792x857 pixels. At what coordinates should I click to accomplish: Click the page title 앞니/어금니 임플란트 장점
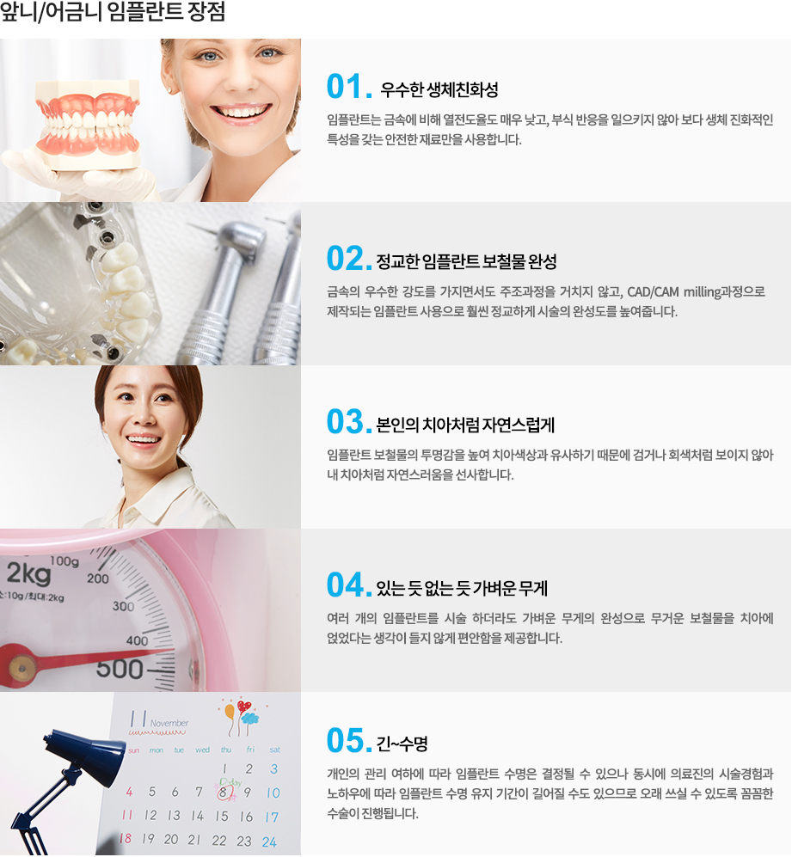113,15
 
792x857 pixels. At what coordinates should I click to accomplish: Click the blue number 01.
348,88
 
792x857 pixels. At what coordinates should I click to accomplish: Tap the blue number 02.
348,259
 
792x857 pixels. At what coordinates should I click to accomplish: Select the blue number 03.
348,422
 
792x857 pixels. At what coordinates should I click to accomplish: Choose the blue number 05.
348,741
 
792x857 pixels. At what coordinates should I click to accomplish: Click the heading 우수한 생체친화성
439,90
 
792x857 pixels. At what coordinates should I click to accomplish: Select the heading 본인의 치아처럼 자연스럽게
465,424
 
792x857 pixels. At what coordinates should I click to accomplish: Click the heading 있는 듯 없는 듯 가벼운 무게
462,588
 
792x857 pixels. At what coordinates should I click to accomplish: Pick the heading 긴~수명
402,743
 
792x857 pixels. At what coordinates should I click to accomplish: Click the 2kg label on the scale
28,571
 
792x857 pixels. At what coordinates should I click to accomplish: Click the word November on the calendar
169,724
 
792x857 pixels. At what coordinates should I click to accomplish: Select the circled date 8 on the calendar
224,792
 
